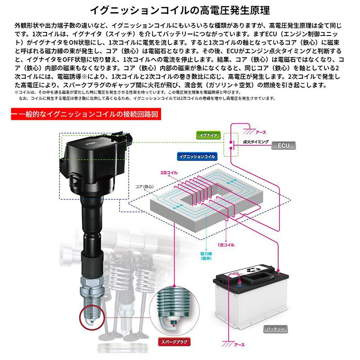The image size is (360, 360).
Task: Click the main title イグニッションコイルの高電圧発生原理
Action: pos(180,9)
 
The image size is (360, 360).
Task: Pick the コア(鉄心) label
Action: pos(144,185)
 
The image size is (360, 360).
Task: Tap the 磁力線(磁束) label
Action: pos(206,256)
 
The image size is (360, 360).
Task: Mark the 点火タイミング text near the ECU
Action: pos(255,141)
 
